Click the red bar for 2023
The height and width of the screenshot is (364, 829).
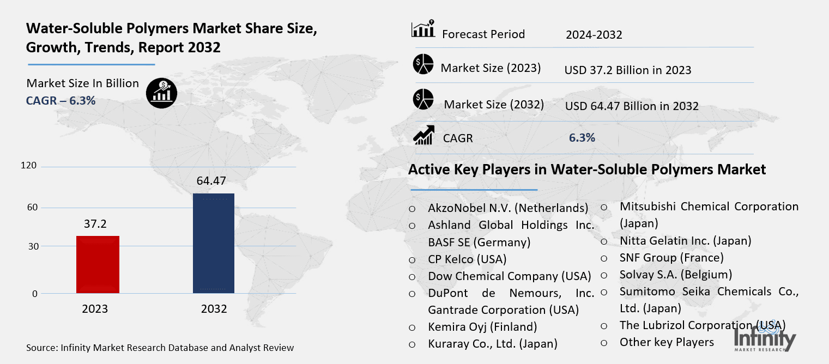coord(98,264)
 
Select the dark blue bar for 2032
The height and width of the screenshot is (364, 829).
coord(214,243)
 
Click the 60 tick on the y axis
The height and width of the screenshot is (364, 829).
coord(32,207)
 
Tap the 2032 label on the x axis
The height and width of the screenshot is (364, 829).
coord(214,309)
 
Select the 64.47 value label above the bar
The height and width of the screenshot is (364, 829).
coord(211,181)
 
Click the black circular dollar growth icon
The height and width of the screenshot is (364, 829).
coord(161,93)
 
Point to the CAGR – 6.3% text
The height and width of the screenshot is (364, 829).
coord(61,100)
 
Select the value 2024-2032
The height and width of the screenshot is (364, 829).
coord(594,35)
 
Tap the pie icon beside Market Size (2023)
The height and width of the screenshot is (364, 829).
coord(423,65)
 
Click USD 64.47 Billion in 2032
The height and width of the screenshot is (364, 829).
coord(632,106)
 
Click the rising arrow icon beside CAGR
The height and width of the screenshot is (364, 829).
coord(423,135)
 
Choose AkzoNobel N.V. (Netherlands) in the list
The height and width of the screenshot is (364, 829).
coord(508,208)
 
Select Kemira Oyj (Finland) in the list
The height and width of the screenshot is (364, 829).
coord(482,326)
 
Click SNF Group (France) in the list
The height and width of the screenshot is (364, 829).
coord(671,257)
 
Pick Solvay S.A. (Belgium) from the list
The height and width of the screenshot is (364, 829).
coord(675,274)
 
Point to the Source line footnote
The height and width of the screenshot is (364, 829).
coord(160,348)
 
